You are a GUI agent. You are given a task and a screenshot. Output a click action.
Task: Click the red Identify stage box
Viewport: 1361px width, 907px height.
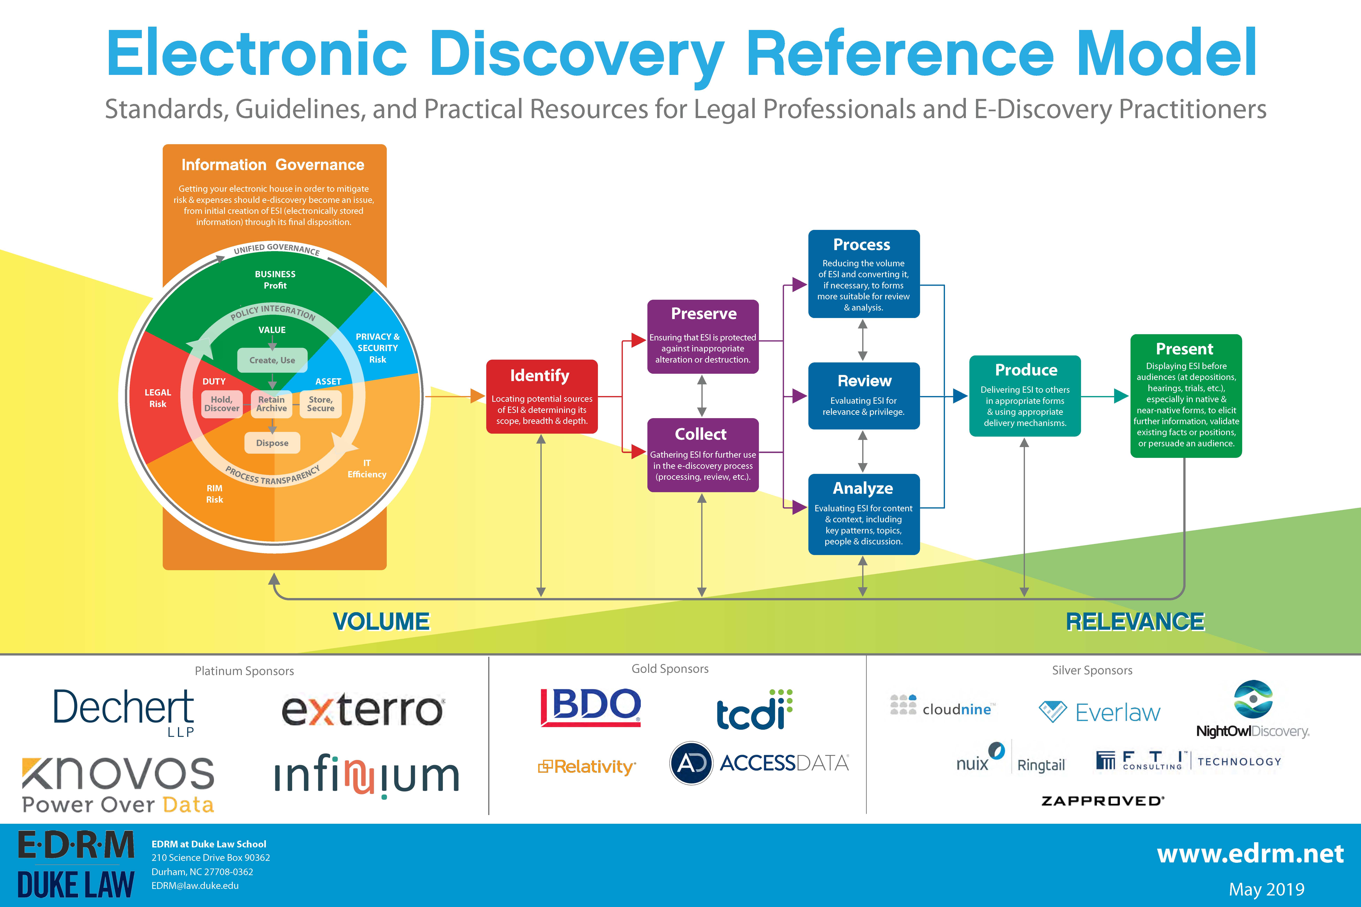click(542, 397)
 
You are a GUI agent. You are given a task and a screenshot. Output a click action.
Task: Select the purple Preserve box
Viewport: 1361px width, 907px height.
click(702, 337)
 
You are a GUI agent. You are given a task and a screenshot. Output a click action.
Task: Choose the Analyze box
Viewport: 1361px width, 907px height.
click(863, 514)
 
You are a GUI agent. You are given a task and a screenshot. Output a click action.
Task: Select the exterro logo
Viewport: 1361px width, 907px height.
click(363, 710)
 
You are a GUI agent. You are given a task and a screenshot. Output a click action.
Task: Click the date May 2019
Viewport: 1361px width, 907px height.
click(1267, 889)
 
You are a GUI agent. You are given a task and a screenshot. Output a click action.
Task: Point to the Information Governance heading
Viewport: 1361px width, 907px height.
click(273, 165)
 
